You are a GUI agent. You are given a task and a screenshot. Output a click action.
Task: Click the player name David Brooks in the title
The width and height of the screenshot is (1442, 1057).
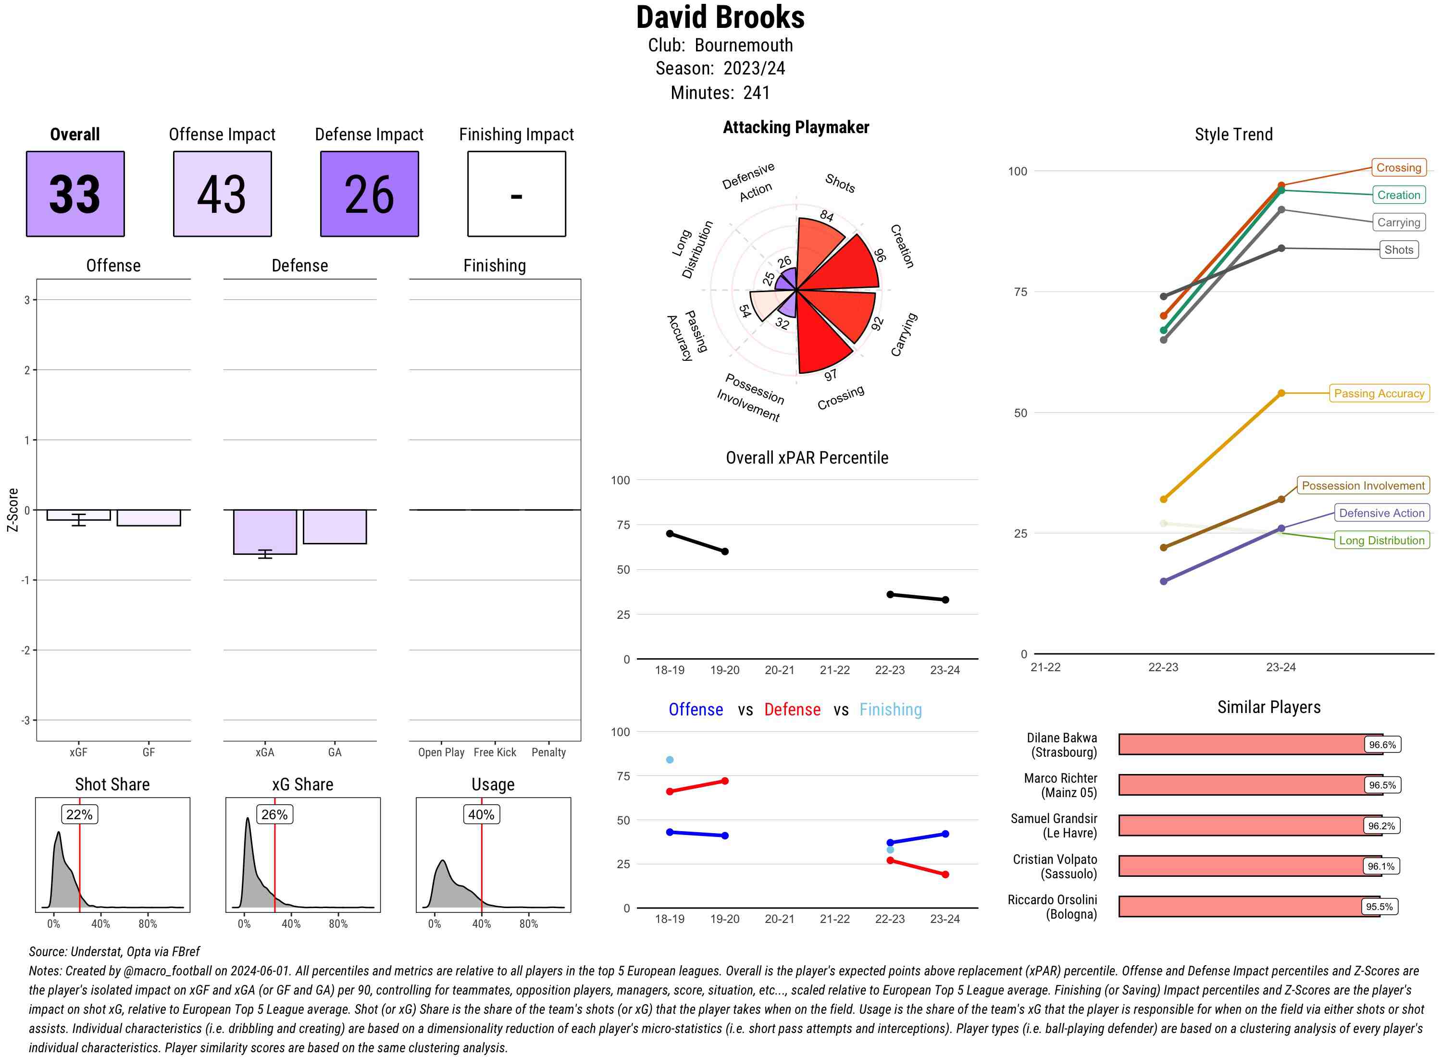coord(720,18)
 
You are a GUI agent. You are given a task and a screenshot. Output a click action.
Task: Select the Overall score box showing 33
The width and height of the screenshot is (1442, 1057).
coord(75,194)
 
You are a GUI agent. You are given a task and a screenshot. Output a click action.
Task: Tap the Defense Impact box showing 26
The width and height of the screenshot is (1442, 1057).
coord(369,194)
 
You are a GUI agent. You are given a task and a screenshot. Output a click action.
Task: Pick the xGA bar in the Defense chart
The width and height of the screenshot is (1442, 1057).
coord(264,532)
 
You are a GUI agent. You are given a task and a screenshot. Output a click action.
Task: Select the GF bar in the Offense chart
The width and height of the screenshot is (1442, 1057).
coord(149,517)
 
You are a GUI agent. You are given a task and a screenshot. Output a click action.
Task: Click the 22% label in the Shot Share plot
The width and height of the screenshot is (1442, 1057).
coord(79,814)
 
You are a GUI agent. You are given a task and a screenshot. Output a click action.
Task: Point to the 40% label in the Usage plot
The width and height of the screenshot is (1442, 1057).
coord(481,814)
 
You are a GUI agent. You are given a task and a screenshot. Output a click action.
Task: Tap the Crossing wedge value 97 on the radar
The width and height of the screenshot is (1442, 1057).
coord(830,375)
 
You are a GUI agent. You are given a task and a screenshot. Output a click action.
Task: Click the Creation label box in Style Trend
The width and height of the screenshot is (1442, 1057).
coord(1398,195)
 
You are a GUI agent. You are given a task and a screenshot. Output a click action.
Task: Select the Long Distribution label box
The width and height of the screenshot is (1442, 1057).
coord(1381,541)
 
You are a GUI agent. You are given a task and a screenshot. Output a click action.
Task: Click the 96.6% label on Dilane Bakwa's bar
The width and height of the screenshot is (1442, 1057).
coord(1382,745)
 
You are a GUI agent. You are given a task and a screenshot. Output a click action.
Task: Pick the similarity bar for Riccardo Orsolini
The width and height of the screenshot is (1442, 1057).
coord(1248,907)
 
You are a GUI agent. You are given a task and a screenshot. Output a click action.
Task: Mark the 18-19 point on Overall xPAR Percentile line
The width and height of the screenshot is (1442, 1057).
coord(670,534)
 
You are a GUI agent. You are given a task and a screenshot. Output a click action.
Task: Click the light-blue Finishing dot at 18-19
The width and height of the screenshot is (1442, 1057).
coord(670,760)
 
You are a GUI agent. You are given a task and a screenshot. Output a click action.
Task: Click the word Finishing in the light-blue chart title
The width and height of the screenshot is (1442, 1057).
coord(890,710)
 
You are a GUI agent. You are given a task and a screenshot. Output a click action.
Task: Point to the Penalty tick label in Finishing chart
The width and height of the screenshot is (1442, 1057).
coord(548,752)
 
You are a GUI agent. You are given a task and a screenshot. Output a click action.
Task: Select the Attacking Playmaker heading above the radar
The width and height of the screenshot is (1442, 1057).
coord(796,127)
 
